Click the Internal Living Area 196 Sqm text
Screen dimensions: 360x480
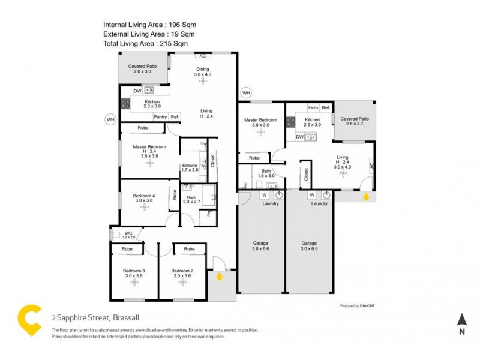149,25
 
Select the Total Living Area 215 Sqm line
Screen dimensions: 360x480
145,44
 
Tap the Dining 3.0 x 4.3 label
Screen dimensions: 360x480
203,71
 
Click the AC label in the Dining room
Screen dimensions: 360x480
203,56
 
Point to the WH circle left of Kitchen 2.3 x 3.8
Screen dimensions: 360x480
110,119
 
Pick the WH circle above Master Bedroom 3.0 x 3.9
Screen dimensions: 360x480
245,93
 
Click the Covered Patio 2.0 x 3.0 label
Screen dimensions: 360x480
143,68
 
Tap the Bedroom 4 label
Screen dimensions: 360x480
144,199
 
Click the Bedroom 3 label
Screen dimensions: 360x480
134,274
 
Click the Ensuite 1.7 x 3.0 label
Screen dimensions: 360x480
190,168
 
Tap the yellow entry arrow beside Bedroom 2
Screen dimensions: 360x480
220,277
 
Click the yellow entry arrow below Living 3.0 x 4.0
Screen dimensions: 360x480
365,195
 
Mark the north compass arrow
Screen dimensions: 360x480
461,320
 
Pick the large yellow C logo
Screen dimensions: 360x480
29,320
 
